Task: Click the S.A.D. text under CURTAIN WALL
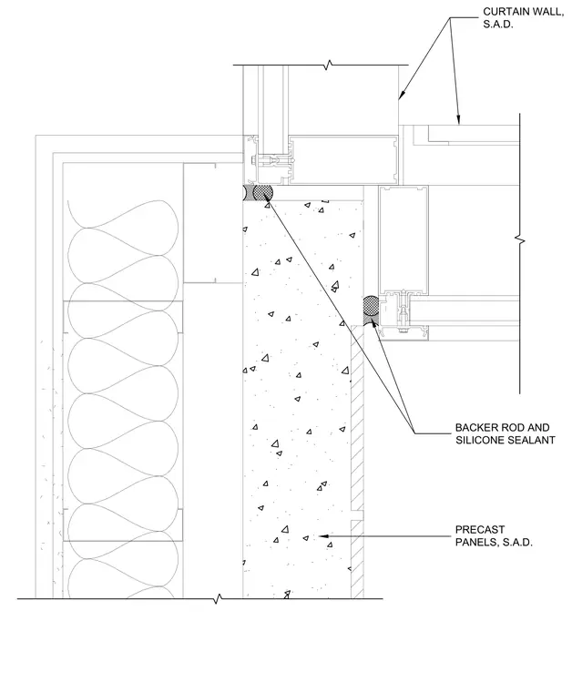click(x=498, y=25)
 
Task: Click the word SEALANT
click(x=533, y=440)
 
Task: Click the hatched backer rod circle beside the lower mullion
click(x=371, y=305)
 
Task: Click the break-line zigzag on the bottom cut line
click(x=217, y=599)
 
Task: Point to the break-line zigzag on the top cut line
click(x=328, y=66)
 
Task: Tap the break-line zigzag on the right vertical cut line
click(x=520, y=241)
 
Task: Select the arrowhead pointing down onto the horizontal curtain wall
click(x=458, y=119)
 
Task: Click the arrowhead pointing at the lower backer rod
click(x=374, y=325)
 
